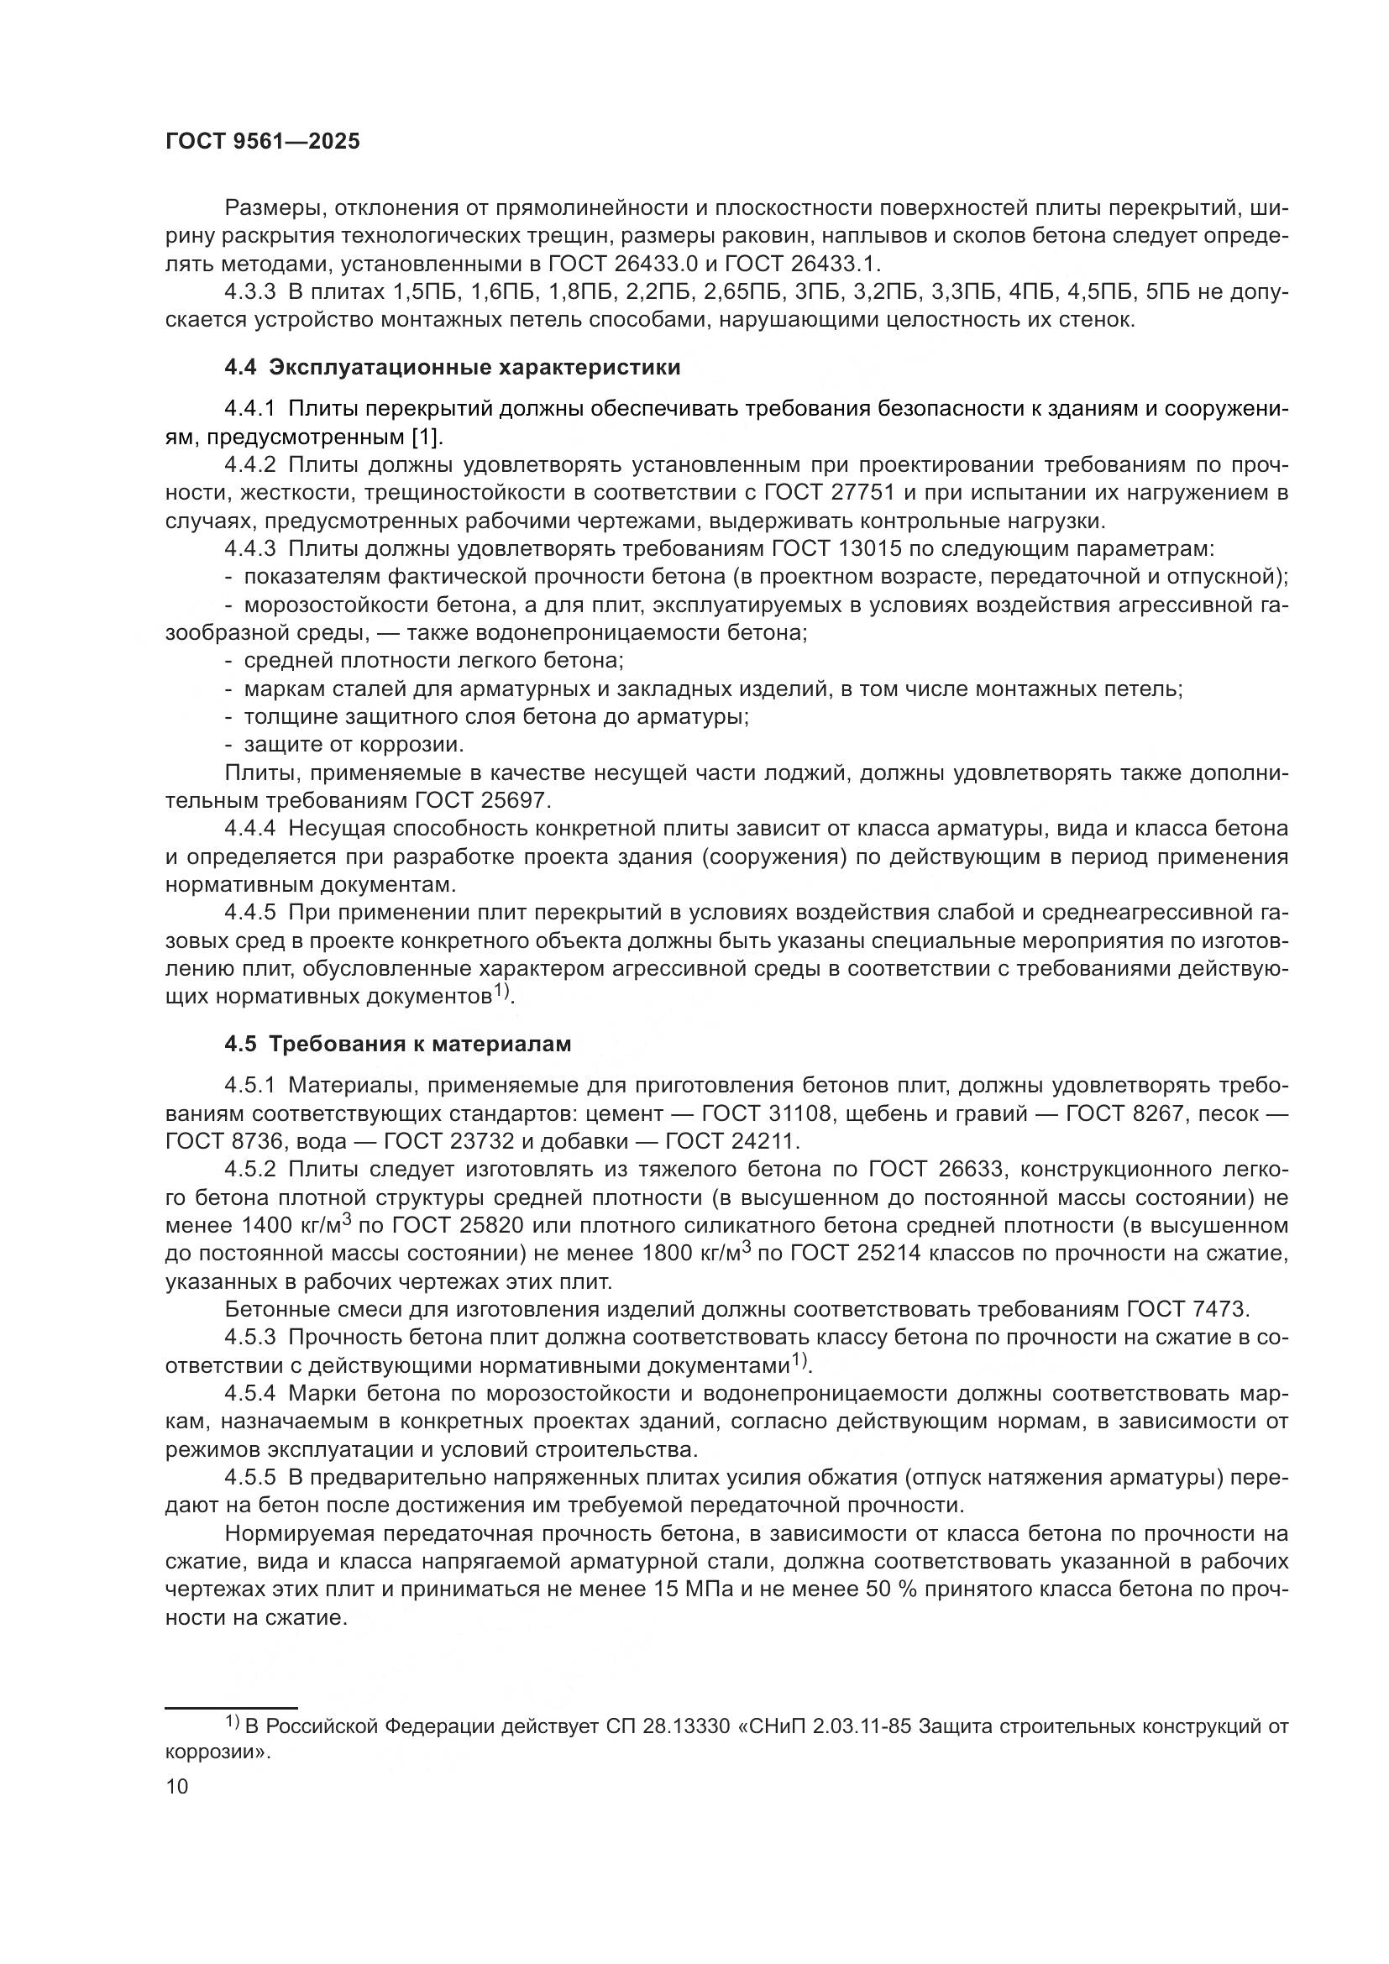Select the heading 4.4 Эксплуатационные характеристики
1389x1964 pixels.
coord(453,368)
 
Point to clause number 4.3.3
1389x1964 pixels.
coord(249,292)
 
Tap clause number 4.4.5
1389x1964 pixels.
coord(249,913)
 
